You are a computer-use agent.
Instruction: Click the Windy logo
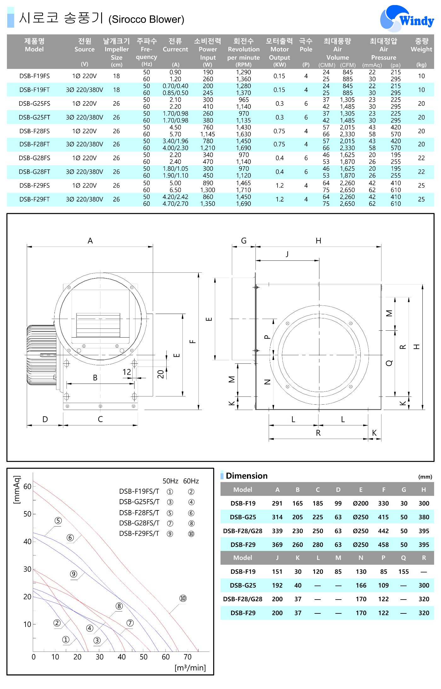tap(407, 19)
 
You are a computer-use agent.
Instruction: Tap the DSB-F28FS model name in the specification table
tap(35, 131)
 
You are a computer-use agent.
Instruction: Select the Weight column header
tap(421, 45)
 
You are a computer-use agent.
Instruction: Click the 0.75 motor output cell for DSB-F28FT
tap(279, 144)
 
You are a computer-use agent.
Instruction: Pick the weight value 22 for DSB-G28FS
tap(421, 158)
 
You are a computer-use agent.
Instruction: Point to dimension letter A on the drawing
tap(90, 241)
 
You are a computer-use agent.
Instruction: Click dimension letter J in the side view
tap(287, 254)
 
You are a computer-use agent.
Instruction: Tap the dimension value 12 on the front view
tap(127, 372)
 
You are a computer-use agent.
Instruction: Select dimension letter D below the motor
tap(45, 419)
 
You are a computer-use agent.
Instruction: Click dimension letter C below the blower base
tap(100, 419)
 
